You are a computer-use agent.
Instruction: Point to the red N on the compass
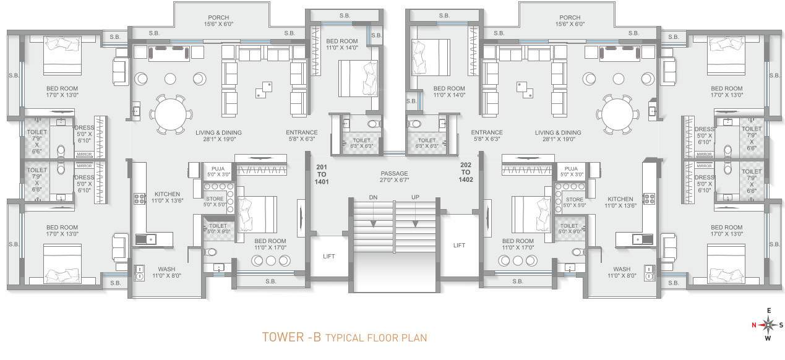(753, 325)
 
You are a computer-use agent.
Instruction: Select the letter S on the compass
(781, 325)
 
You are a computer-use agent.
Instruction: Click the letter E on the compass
(768, 311)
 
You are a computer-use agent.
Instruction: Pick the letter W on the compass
(768, 338)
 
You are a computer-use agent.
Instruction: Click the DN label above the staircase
(373, 197)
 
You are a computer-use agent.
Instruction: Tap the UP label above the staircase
(416, 197)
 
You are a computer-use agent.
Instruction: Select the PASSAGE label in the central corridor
(394, 173)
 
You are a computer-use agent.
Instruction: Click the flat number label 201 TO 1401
(322, 174)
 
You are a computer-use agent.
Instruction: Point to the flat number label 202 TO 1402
(466, 172)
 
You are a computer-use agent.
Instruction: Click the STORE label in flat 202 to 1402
(574, 200)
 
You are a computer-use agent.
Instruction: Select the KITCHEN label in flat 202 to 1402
(620, 199)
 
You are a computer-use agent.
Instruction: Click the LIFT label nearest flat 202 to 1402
(459, 245)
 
